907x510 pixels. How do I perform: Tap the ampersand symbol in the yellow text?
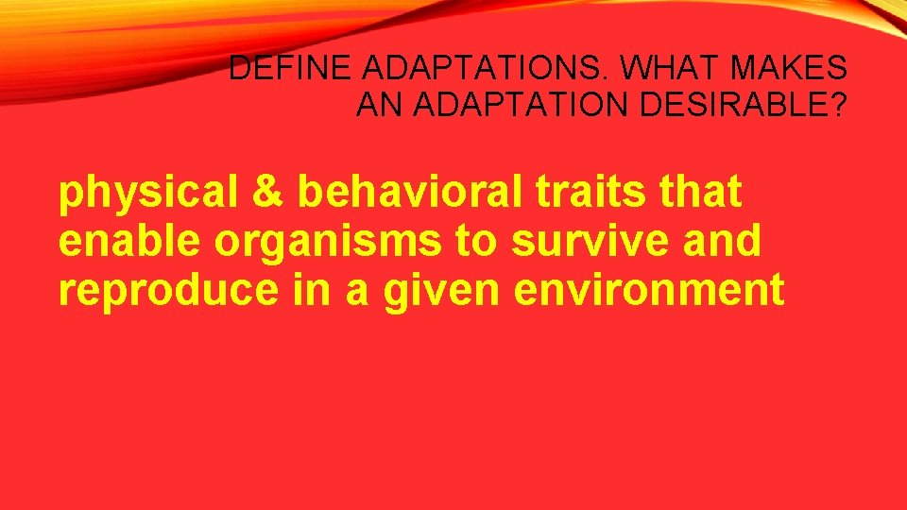[267, 193]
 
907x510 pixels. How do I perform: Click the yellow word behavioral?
[409, 193]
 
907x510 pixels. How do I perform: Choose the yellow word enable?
[130, 242]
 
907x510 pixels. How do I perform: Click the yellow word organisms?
[327, 242]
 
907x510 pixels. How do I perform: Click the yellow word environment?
[649, 291]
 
